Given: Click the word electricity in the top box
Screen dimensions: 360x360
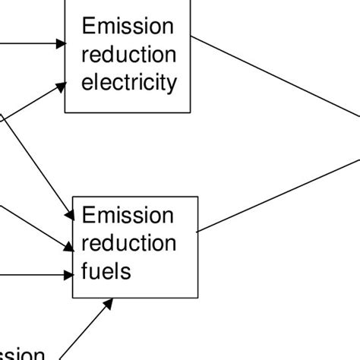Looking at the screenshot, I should coord(128,82).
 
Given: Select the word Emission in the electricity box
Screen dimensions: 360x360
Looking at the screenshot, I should coord(128,27).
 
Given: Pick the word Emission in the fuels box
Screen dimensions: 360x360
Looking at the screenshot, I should coord(128,216).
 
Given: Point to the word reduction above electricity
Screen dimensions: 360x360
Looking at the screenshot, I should coord(128,55).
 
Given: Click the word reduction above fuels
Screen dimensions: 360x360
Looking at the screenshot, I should coord(128,243).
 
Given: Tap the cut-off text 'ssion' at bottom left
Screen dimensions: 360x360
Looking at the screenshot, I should coord(23,354).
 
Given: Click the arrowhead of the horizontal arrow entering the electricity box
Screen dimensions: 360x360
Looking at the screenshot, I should coord(60,44).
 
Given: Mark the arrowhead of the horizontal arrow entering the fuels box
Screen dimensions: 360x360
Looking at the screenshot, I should coord(68,276).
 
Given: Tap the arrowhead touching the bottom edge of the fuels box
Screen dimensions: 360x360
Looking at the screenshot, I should coord(108,303).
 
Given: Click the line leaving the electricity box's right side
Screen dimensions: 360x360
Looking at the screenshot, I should coord(273,76).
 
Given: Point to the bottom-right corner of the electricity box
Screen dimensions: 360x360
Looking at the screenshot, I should coord(191,112).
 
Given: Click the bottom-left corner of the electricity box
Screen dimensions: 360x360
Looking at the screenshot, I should coord(65,112).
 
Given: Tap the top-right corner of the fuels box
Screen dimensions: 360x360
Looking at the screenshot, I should coord(197,197).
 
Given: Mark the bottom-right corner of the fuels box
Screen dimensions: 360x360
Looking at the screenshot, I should coord(197,298).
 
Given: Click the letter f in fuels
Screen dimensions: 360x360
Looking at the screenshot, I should coord(85,270).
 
